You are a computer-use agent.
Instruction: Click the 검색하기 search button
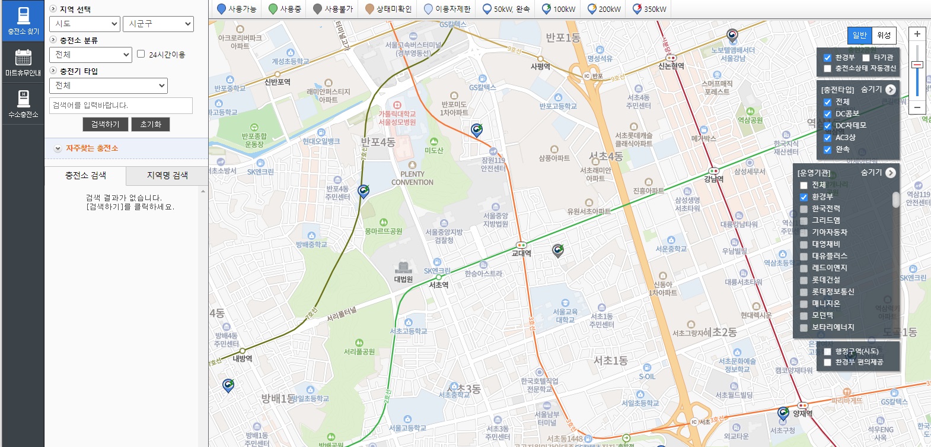pos(105,124)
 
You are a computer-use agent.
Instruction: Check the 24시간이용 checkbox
pos(141,54)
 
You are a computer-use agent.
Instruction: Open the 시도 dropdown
pos(85,24)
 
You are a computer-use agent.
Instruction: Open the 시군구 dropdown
pos(158,24)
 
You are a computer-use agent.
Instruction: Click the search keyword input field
pos(121,105)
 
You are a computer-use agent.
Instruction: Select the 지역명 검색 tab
pos(167,175)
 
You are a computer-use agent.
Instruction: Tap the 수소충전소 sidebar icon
pos(23,104)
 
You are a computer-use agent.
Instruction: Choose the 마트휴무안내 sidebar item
pos(23,62)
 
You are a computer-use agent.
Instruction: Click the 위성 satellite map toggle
pos(884,35)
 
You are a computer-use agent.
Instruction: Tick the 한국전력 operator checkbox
pos(804,209)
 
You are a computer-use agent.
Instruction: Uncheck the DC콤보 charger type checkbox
pos(828,114)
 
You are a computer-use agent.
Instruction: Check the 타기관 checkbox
pos(866,58)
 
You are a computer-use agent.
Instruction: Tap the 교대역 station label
pos(521,253)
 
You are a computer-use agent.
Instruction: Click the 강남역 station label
pos(713,179)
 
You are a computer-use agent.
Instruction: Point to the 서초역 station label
pos(439,285)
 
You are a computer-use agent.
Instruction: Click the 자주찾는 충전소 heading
pos(92,148)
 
